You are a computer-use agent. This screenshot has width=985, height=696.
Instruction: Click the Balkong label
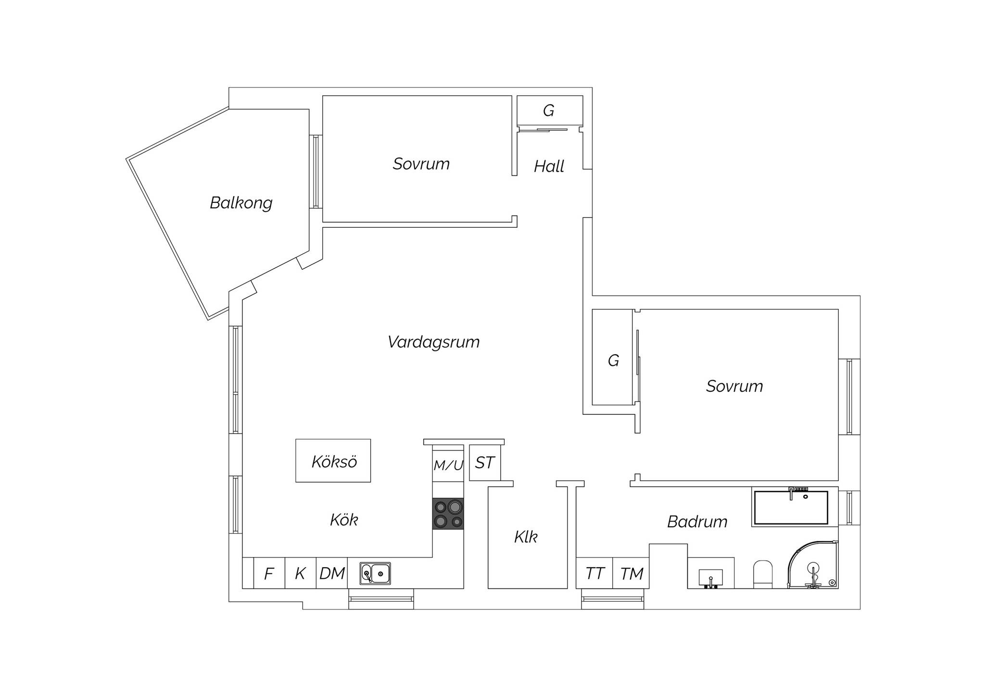pyautogui.click(x=241, y=203)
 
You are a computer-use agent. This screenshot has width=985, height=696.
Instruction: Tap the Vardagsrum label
pyautogui.click(x=433, y=342)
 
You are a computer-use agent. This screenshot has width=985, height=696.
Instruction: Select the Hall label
pyautogui.click(x=549, y=166)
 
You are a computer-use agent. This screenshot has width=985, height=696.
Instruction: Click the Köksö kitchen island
pyautogui.click(x=333, y=460)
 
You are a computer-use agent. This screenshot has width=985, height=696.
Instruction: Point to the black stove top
pyautogui.click(x=448, y=514)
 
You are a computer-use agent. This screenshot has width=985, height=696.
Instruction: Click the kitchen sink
pyautogui.click(x=375, y=573)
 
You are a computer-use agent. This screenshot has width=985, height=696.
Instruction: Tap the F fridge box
pyautogui.click(x=269, y=573)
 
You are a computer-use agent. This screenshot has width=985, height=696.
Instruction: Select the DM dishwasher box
pyautogui.click(x=332, y=573)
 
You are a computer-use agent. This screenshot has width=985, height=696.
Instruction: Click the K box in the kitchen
pyautogui.click(x=301, y=573)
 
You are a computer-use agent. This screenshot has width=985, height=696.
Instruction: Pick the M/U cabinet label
pyautogui.click(x=448, y=465)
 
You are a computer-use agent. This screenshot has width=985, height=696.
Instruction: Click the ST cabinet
pyautogui.click(x=485, y=462)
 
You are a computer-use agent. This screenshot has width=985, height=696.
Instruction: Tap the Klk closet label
pyautogui.click(x=526, y=537)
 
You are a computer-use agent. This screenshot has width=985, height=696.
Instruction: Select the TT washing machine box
pyautogui.click(x=594, y=573)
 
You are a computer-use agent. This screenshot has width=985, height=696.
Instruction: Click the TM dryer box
pyautogui.click(x=631, y=573)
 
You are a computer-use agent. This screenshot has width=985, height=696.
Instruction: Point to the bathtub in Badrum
pyautogui.click(x=791, y=507)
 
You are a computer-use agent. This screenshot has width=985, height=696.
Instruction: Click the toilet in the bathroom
pyautogui.click(x=762, y=574)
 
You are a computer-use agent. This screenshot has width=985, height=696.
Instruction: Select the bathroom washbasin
pyautogui.click(x=710, y=577)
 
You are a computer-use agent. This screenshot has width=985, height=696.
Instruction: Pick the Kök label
pyautogui.click(x=344, y=520)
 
